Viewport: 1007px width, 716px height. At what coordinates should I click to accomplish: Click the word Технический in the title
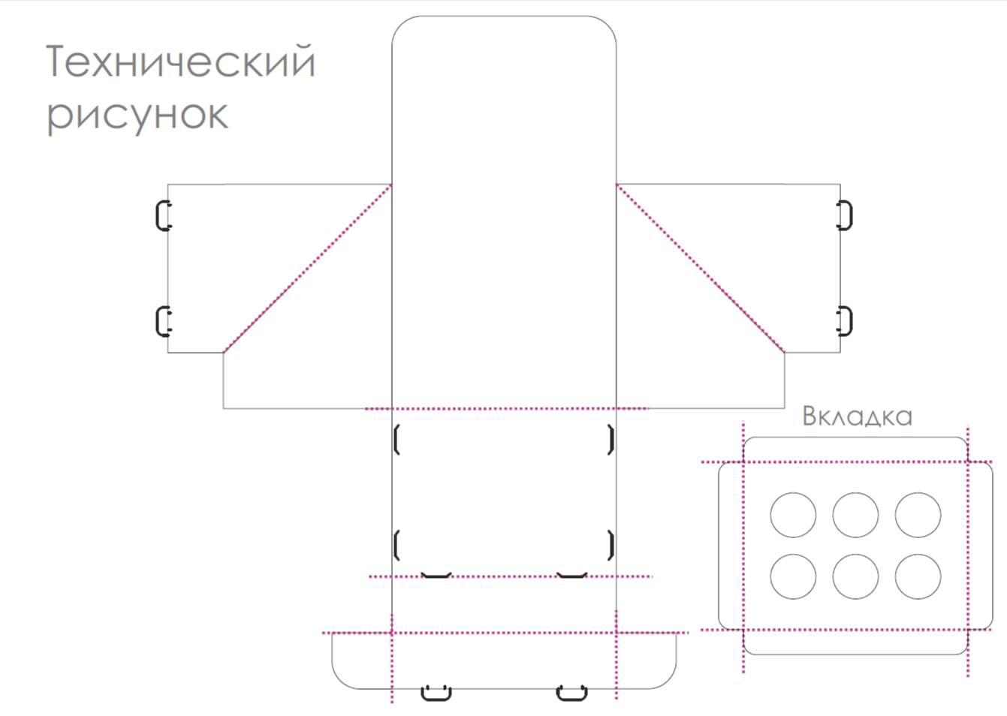click(x=180, y=62)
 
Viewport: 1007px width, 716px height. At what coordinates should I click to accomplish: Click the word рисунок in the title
click(x=137, y=115)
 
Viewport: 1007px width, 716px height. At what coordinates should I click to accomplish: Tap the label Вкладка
click(x=857, y=416)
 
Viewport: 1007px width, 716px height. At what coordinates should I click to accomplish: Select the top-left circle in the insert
click(x=793, y=515)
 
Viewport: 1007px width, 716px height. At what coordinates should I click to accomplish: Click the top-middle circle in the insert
click(x=855, y=515)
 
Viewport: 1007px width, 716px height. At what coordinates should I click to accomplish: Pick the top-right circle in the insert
click(x=918, y=515)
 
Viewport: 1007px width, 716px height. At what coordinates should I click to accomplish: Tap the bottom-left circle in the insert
click(x=793, y=576)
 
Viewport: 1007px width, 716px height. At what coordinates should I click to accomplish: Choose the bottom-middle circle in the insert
click(x=855, y=576)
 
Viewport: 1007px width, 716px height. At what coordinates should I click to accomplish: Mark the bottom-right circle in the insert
click(x=918, y=576)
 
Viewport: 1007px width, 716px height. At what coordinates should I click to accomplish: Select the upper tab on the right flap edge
click(x=845, y=215)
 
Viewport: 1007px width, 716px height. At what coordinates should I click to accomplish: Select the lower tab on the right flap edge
click(x=845, y=321)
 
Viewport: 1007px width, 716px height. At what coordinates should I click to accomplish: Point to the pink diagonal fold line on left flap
click(x=308, y=268)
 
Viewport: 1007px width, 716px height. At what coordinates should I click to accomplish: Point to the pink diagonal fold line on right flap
click(x=700, y=268)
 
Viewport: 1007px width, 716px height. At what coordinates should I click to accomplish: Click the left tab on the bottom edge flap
click(x=436, y=692)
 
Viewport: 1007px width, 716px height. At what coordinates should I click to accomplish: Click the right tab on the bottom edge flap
click(x=571, y=692)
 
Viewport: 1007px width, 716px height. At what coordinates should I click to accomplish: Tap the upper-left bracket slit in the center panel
click(x=396, y=440)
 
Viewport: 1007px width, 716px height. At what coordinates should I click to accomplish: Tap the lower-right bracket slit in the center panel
click(x=611, y=546)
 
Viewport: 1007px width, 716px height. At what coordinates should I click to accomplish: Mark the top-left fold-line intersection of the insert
click(x=743, y=462)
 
